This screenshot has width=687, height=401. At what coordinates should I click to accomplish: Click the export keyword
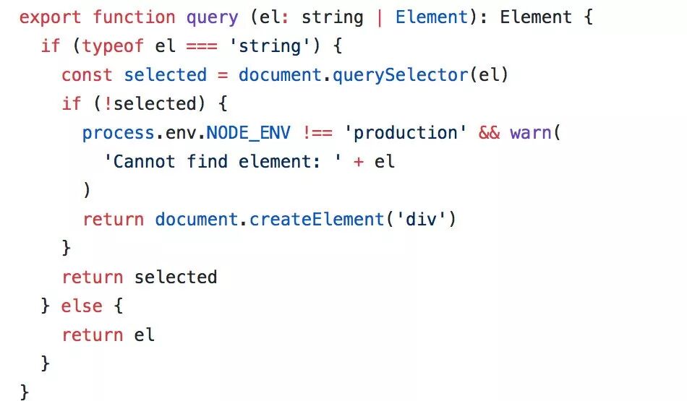pos(51,17)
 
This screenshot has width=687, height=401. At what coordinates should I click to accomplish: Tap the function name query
pos(212,17)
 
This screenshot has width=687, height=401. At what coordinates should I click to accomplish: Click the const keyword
pos(87,75)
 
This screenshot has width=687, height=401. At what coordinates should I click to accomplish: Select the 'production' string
pos(405,133)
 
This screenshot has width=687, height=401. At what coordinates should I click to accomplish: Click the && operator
pos(489,133)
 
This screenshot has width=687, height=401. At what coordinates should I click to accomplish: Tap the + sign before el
pos(359,162)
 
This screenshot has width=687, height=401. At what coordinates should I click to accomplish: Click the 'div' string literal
pos(420,219)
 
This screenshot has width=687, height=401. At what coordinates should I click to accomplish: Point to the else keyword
pos(81,306)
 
